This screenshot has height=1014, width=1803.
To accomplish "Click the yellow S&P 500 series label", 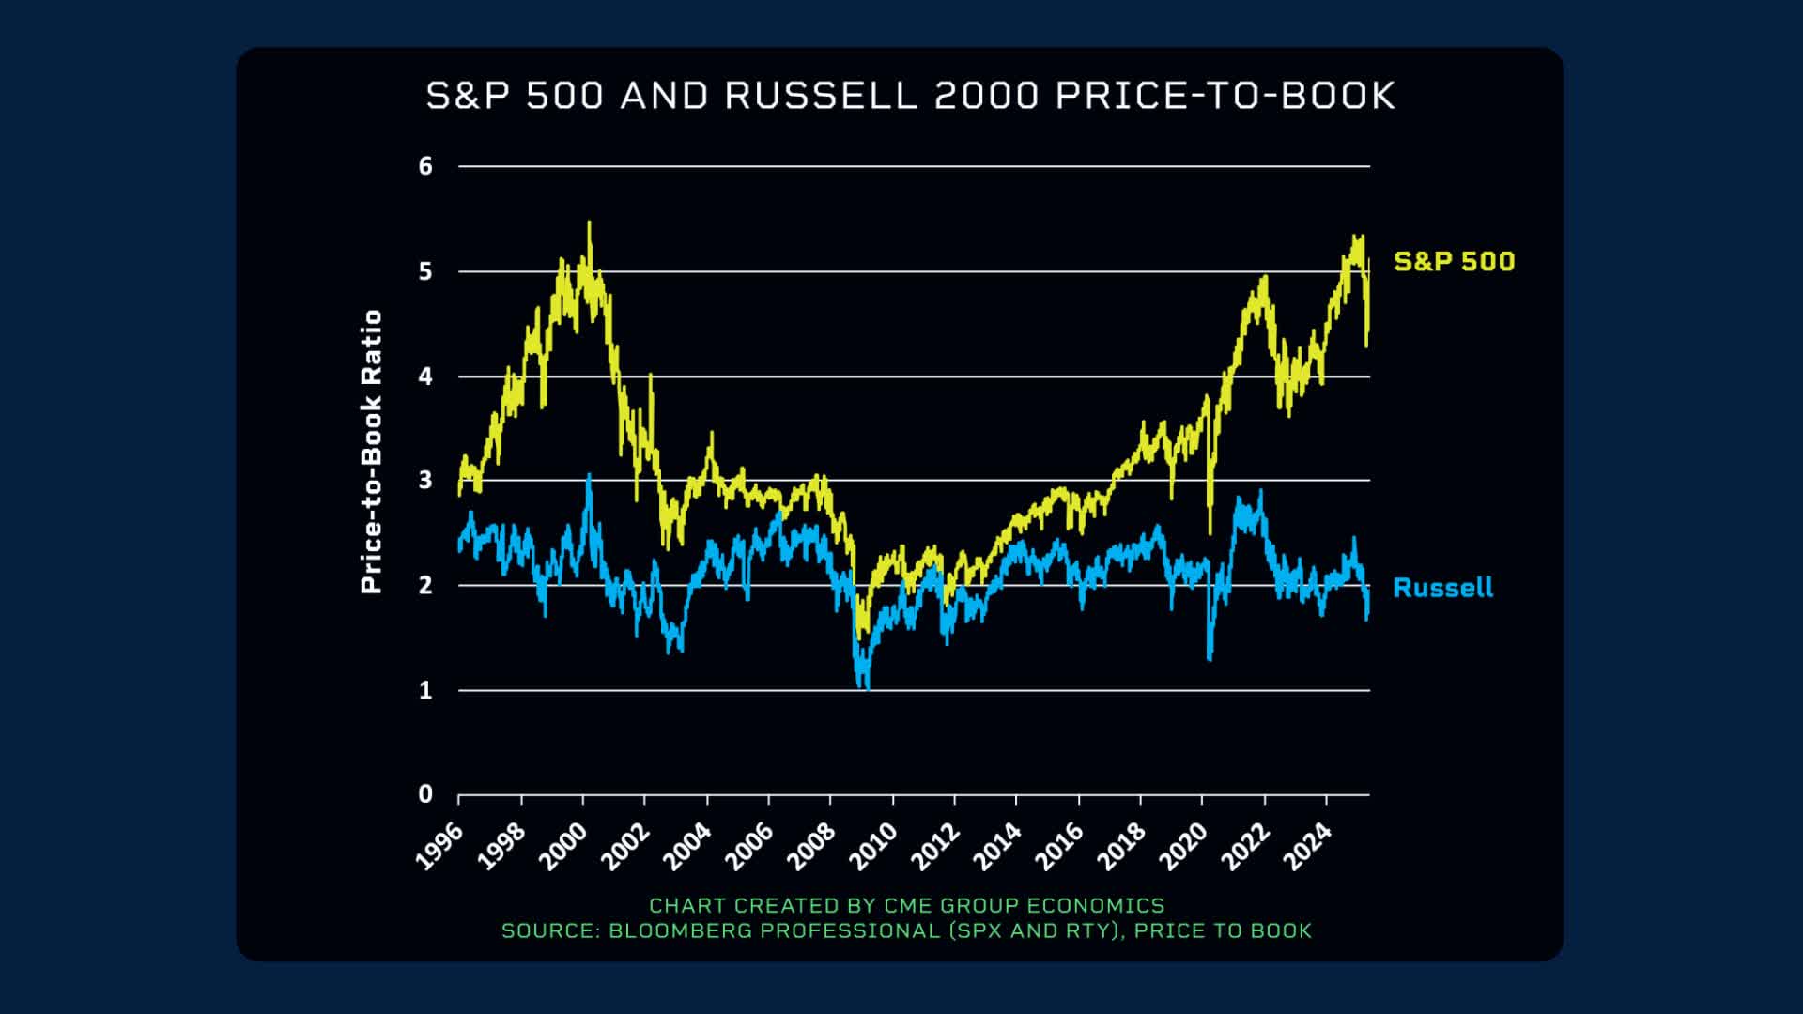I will click(1454, 261).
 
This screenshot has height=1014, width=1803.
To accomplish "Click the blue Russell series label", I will click(1442, 588).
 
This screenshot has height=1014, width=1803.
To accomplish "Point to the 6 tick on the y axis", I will click(425, 166).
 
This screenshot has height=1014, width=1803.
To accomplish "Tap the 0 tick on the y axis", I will click(425, 794).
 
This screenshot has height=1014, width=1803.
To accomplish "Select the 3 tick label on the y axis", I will click(425, 480).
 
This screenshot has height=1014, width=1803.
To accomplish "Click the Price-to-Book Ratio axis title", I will click(372, 452).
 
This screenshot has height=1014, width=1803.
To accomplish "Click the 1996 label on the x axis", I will click(439, 846).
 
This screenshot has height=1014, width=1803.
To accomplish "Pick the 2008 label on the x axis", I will click(811, 846).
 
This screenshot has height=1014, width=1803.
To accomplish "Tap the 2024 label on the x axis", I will click(1307, 846).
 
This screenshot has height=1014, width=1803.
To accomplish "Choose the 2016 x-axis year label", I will click(1059, 846).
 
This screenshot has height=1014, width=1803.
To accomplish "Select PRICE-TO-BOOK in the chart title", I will click(1225, 96).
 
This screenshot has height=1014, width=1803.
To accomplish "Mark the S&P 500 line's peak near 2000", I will click(589, 223).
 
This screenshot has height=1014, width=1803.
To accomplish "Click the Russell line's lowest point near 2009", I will click(867, 687).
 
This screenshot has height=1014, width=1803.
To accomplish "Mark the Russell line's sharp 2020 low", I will click(1210, 658).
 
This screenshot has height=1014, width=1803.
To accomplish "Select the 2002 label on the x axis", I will click(625, 846).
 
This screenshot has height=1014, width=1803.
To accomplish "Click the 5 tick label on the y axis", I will click(425, 271).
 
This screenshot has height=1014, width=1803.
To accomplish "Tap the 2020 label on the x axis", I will click(1183, 846).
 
